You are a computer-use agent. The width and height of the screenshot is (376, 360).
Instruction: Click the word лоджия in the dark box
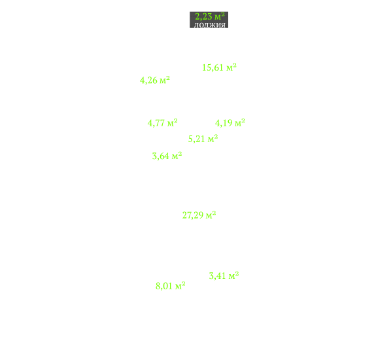pos(210,25)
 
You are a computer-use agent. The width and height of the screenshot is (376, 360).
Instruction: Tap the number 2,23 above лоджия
pos(203,16)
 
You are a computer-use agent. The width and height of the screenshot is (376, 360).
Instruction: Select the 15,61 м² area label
pos(219,67)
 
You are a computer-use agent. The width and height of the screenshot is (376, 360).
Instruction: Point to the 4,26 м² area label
pos(155,80)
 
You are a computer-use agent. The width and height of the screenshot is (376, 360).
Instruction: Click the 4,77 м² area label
pos(162,123)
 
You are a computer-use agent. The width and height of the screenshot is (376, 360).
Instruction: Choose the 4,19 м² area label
pos(230,123)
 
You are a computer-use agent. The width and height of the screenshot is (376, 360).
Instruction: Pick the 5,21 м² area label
pos(203,139)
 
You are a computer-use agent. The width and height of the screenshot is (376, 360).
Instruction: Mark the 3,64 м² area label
pos(167,156)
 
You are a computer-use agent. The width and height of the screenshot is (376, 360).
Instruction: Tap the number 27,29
pos(193,215)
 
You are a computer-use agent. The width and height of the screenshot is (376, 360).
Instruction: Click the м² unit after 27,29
pos(211,215)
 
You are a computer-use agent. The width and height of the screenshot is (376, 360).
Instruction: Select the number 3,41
pos(217,276)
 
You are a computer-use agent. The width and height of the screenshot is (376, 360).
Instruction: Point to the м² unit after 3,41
pos(233,276)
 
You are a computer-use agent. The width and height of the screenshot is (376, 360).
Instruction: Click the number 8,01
pos(163,286)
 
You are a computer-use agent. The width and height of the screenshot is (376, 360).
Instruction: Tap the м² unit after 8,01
pos(180,285)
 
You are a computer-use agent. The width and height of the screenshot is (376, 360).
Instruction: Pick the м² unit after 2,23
pos(220,16)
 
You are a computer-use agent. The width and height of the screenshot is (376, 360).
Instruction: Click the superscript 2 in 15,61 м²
pos(235,65)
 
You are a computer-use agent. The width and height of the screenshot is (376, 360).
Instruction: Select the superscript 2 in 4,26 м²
pos(168,78)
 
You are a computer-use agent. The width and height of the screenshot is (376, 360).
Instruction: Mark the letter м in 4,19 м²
pos(238,124)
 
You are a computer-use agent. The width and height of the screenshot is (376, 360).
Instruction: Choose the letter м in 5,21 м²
pos(211,139)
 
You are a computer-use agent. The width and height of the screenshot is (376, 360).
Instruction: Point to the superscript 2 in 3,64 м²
pos(180,154)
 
